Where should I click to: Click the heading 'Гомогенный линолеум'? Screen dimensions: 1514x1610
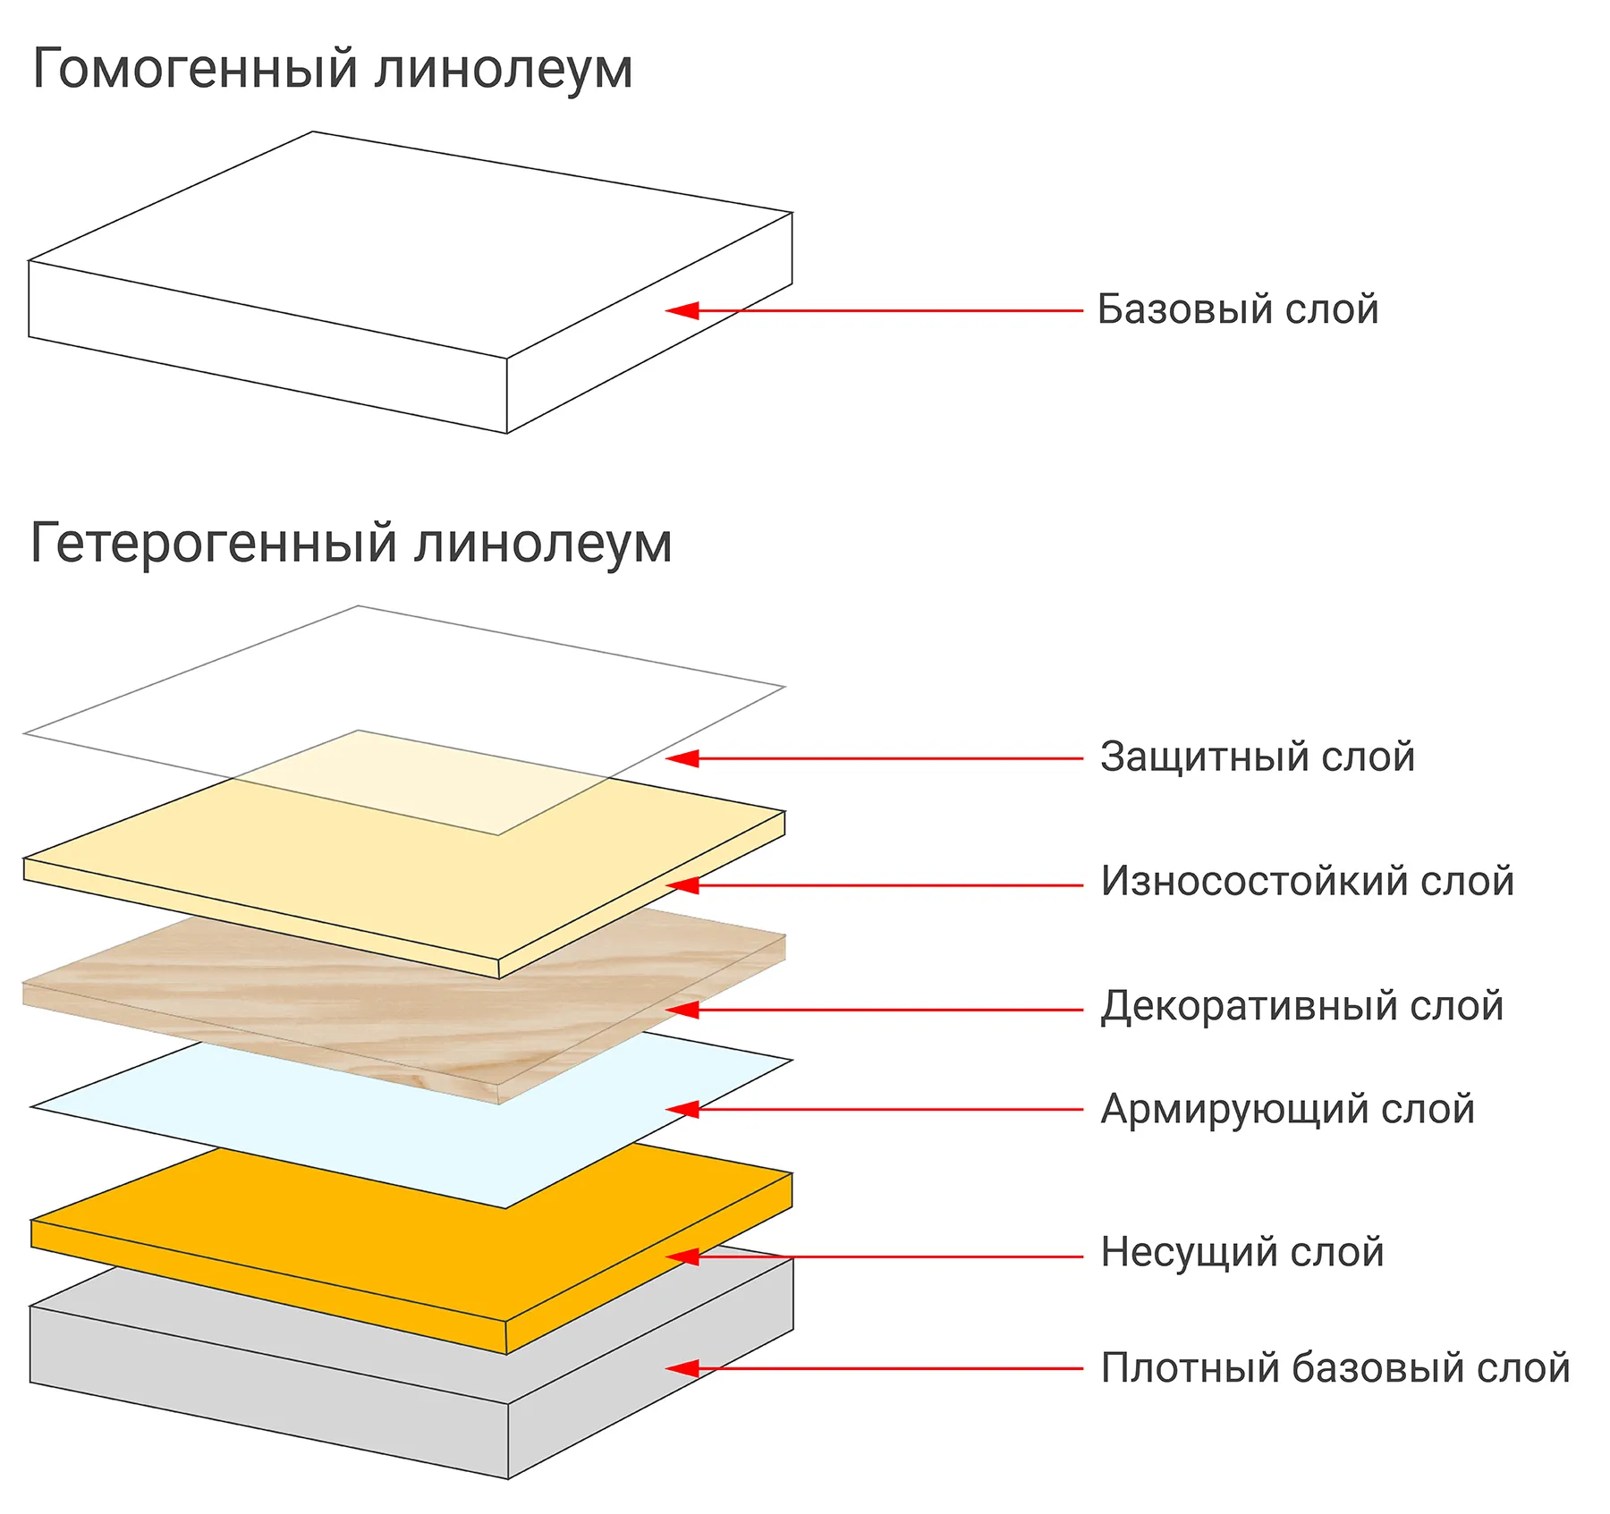[x=332, y=70]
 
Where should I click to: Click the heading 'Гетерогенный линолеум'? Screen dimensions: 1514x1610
[x=351, y=544]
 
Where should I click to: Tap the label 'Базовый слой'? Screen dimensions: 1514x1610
[x=1237, y=309]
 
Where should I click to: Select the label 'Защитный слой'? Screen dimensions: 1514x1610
[x=1257, y=757]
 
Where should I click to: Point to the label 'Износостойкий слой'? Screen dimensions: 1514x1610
[x=1307, y=882]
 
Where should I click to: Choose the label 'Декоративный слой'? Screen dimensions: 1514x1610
[x=1301, y=1006]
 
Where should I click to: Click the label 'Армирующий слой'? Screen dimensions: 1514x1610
[x=1287, y=1110]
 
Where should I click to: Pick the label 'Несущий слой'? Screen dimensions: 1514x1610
[x=1241, y=1252]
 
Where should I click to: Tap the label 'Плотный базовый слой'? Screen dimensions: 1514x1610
[x=1335, y=1368]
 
